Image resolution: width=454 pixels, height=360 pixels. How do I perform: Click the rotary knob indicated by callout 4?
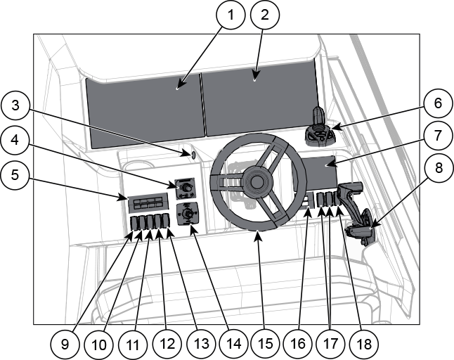(186, 188)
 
